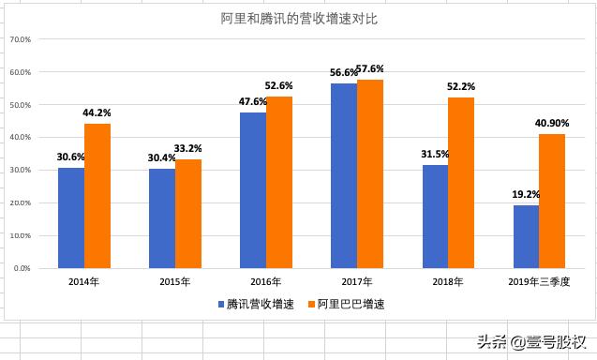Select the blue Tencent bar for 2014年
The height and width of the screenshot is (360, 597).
71,217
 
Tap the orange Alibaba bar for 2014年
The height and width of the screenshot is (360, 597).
97,195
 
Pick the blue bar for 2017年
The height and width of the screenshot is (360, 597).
344,175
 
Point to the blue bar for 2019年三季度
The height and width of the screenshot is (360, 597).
526,236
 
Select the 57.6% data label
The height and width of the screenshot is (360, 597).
370,69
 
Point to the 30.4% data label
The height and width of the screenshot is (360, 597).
161,158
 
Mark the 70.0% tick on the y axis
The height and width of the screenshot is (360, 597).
20,39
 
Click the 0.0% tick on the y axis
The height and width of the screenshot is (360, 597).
22,268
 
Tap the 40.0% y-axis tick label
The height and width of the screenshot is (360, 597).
20,138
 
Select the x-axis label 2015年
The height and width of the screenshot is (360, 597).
175,281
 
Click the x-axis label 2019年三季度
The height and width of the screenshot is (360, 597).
538,281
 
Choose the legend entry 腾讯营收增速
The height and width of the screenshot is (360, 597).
255,305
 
